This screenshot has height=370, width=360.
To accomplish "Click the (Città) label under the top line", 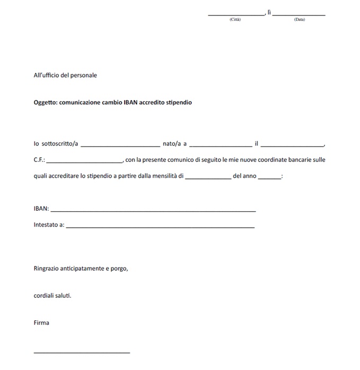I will [235, 20].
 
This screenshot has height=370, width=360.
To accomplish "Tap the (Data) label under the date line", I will [300, 20].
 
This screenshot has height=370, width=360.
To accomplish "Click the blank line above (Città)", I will [235, 14].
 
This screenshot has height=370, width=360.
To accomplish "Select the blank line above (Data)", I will [298, 14].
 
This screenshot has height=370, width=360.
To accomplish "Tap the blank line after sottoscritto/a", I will [120, 145].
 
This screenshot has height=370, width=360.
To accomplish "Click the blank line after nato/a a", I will [221, 145].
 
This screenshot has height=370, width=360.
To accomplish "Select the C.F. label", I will [39, 160].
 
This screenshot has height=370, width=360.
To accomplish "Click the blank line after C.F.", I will [85, 161].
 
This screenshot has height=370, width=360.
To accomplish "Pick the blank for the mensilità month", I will [208, 178].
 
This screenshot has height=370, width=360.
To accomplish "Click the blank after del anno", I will [270, 178].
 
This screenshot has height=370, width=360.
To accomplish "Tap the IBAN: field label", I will [41, 209].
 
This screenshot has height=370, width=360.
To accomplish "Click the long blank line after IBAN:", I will [153, 211].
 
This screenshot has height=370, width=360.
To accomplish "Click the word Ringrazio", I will [46, 269].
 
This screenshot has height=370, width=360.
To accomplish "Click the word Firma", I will [41, 322].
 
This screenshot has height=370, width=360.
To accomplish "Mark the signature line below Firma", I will [82, 352].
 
